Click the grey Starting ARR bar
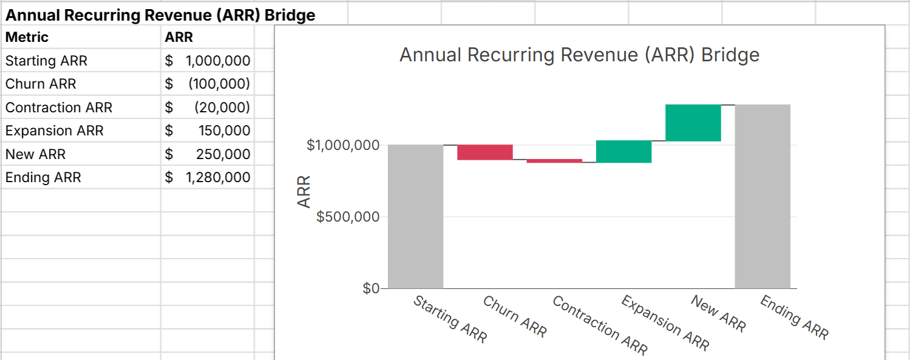point(415,216)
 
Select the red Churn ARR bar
point(484,152)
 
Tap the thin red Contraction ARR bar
point(554,161)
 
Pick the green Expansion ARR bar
point(623,152)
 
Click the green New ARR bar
point(693,123)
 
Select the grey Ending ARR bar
point(762,196)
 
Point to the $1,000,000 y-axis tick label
point(343,145)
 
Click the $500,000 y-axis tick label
point(347,217)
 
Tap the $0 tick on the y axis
point(370,288)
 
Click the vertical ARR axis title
point(304,191)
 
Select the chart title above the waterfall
point(579,55)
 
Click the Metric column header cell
point(27,37)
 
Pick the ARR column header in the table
point(178,37)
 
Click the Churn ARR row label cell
point(41,84)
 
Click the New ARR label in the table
point(35,154)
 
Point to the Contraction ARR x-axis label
point(600,325)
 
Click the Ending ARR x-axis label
point(794,318)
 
